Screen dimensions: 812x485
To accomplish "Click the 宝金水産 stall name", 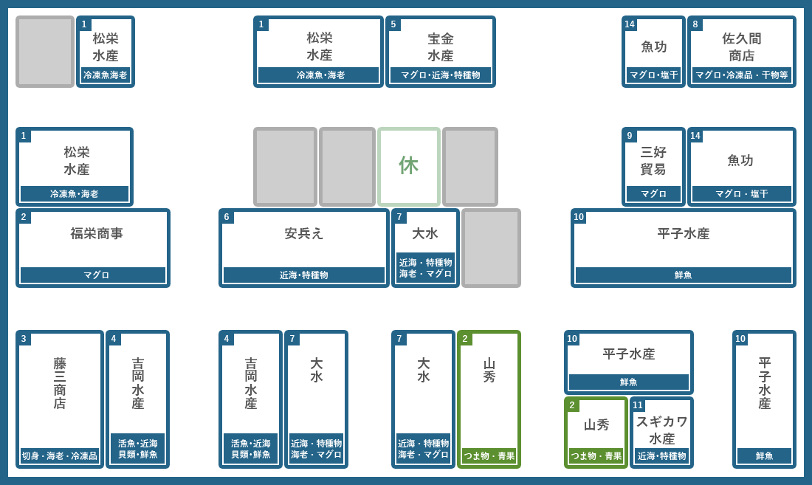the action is coord(441,47).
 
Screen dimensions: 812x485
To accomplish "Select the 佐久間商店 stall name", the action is coord(742,47).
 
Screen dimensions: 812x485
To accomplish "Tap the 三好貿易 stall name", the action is coord(653,160).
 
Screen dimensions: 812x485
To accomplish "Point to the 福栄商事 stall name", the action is coord(97,233).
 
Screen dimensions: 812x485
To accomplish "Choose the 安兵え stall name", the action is coord(304,233).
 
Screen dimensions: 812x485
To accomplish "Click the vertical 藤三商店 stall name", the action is coord(60,383).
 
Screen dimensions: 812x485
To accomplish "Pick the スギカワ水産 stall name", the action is coord(662,430).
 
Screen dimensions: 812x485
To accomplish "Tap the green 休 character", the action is coord(409,165).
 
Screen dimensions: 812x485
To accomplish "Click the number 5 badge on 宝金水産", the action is coord(393,24).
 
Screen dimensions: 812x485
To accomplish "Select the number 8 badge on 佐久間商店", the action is coord(695,24).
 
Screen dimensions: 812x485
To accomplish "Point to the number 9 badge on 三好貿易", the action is coord(630,136).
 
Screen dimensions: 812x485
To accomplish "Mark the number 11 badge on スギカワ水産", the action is coord(638,405).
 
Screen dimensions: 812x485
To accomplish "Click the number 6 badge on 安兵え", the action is coord(227,217).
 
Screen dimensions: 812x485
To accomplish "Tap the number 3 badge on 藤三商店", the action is coord(24,339).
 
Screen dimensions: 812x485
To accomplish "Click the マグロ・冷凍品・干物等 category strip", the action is coord(742,75).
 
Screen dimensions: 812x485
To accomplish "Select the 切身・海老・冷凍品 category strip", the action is coord(60,456).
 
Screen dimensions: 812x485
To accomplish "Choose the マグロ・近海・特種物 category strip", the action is coord(441,75).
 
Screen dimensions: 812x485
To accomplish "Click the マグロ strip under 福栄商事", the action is coord(93,275).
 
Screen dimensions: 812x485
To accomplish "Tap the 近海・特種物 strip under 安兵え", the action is coord(304,275).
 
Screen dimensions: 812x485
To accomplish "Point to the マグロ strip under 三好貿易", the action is coord(653,194).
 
